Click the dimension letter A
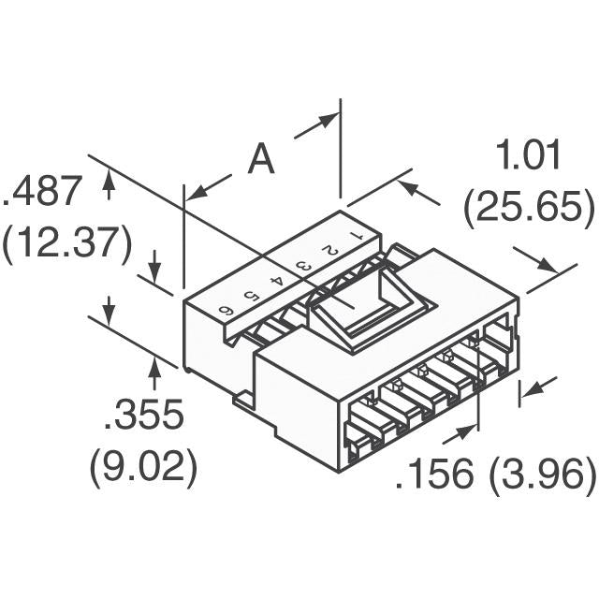[261, 160]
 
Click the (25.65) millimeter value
[529, 209]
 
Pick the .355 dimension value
[143, 415]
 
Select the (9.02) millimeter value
[143, 466]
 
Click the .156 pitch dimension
[434, 475]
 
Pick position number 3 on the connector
[303, 266]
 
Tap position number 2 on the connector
[329, 250]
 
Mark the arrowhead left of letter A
[195, 192]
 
